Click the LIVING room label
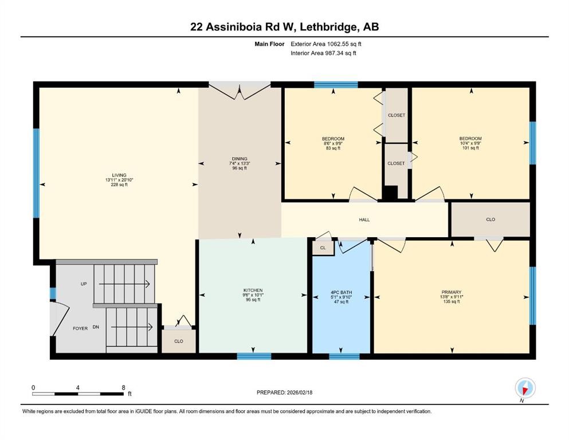click(119, 175)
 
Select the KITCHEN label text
click(253, 290)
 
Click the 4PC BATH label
click(342, 292)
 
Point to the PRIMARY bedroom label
click(452, 292)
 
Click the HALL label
click(364, 219)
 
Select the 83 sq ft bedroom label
click(333, 139)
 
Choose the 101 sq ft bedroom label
click(470, 139)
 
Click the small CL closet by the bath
click(323, 247)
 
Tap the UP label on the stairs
click(83, 284)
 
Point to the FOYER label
click(80, 328)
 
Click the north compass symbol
click(525, 388)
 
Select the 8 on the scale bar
click(123, 387)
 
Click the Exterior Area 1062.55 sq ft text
click(326, 44)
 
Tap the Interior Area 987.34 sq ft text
click(324, 53)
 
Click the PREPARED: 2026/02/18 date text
click(284, 392)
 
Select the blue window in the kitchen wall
click(254, 356)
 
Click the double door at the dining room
click(240, 88)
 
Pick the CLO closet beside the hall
click(490, 219)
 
